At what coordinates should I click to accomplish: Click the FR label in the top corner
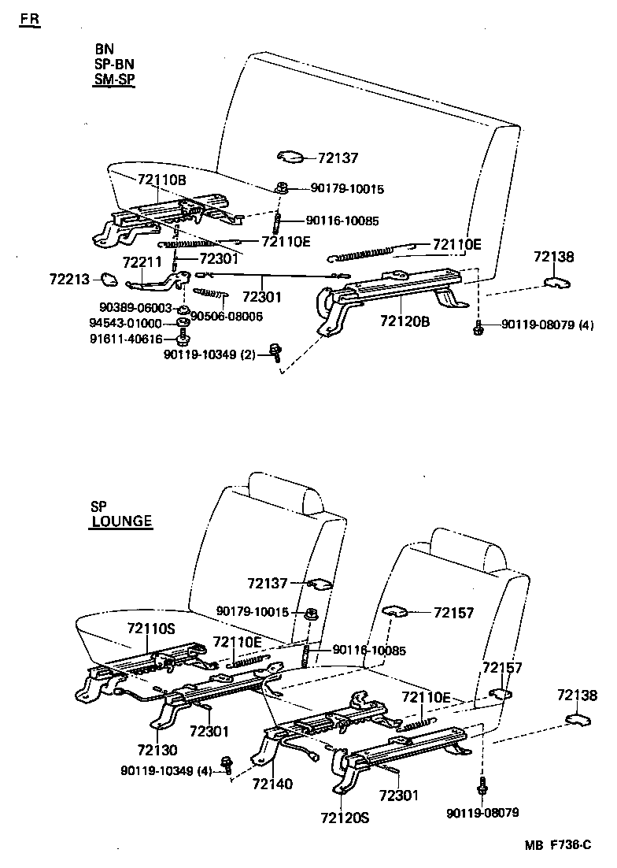[x=29, y=19]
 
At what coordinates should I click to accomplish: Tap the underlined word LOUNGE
[x=121, y=521]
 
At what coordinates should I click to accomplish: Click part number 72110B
[x=161, y=180]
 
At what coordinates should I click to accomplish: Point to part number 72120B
[x=404, y=321]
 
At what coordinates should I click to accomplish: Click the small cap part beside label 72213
[x=109, y=279]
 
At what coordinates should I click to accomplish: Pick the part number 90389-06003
[x=135, y=308]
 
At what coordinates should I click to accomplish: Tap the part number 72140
[x=273, y=784]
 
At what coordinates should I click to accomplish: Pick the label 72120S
[x=345, y=817]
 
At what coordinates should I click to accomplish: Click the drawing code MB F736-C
[x=558, y=846]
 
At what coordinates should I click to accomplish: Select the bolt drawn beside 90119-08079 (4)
[x=478, y=328]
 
